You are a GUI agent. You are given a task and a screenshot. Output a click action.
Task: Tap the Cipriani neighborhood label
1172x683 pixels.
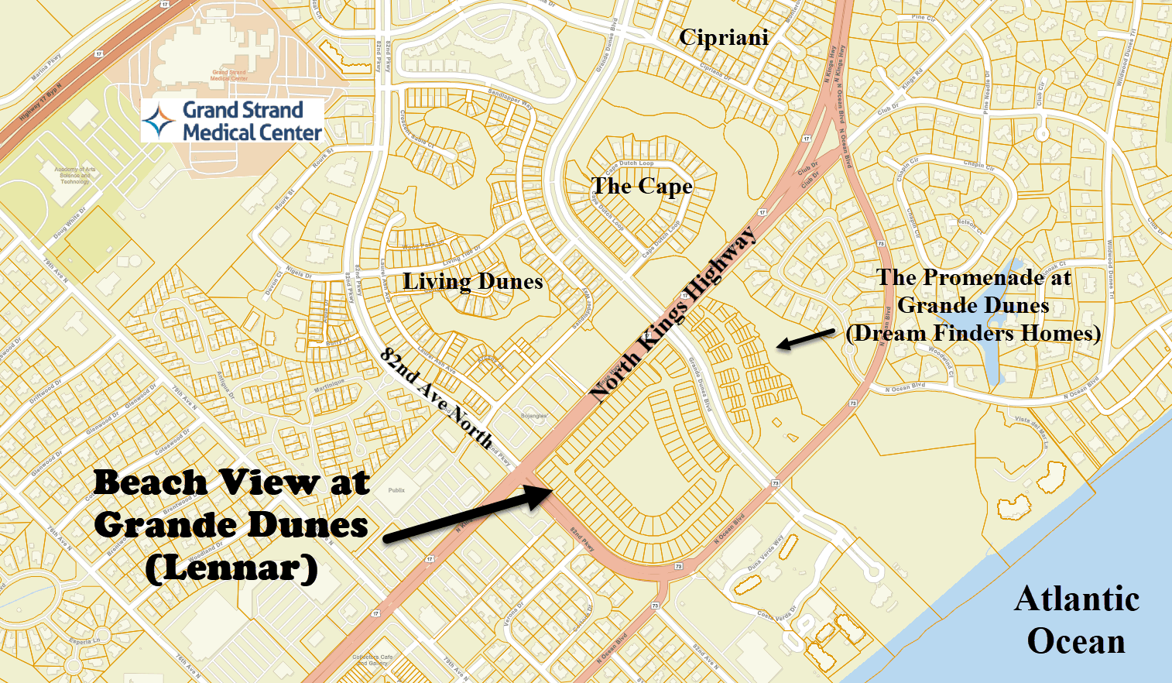pyautogui.click(x=724, y=37)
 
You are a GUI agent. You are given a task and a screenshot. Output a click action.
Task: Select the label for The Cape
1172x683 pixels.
pyautogui.click(x=642, y=186)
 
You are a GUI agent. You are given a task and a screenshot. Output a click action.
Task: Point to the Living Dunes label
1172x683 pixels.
pyautogui.click(x=472, y=281)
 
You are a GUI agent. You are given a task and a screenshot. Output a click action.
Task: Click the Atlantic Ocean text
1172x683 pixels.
pyautogui.click(x=1076, y=620)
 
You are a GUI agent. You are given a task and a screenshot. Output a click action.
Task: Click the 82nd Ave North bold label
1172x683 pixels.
pyautogui.click(x=436, y=397)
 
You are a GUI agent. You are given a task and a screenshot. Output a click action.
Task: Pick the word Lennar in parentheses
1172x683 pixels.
pyautogui.click(x=231, y=568)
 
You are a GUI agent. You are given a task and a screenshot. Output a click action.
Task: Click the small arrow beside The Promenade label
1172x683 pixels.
pyautogui.click(x=805, y=339)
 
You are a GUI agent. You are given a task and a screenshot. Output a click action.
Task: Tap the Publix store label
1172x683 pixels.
pyautogui.click(x=396, y=490)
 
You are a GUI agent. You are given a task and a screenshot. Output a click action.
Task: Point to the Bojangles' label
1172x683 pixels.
pyautogui.click(x=533, y=416)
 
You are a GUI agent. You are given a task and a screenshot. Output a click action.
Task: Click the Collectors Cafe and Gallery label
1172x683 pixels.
pyautogui.click(x=372, y=660)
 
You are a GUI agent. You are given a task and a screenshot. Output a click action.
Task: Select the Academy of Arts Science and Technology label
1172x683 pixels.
pyautogui.click(x=75, y=175)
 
